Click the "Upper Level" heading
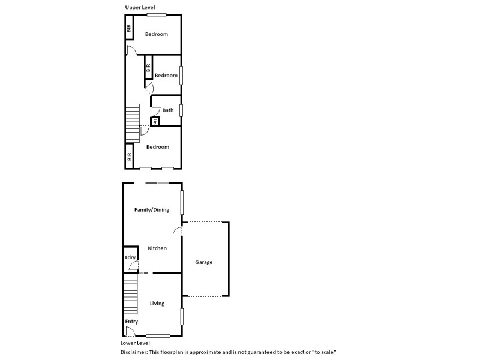click(139, 7)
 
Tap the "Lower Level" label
click(134, 343)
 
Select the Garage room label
click(204, 262)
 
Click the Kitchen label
click(157, 248)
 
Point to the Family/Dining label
click(151, 210)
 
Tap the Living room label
click(157, 304)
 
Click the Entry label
click(131, 322)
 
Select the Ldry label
click(130, 257)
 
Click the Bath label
click(168, 110)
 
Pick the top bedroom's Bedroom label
click(156, 34)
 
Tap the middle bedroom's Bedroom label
click(166, 76)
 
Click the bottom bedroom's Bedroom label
click(158, 147)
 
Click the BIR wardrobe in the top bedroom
click(128, 28)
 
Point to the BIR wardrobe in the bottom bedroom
click(129, 157)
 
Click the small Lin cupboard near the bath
click(155, 122)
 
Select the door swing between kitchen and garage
click(178, 232)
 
